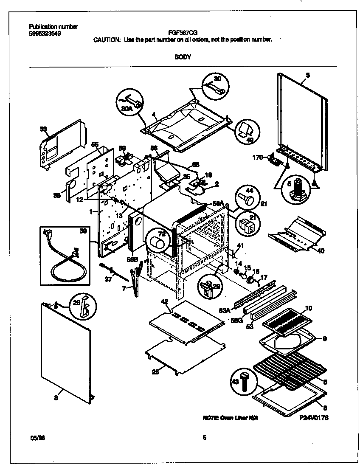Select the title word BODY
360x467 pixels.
pos(183,56)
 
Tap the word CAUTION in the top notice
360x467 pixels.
pos(107,39)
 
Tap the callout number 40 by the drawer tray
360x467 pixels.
pos(321,250)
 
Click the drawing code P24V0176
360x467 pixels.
pos(314,418)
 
